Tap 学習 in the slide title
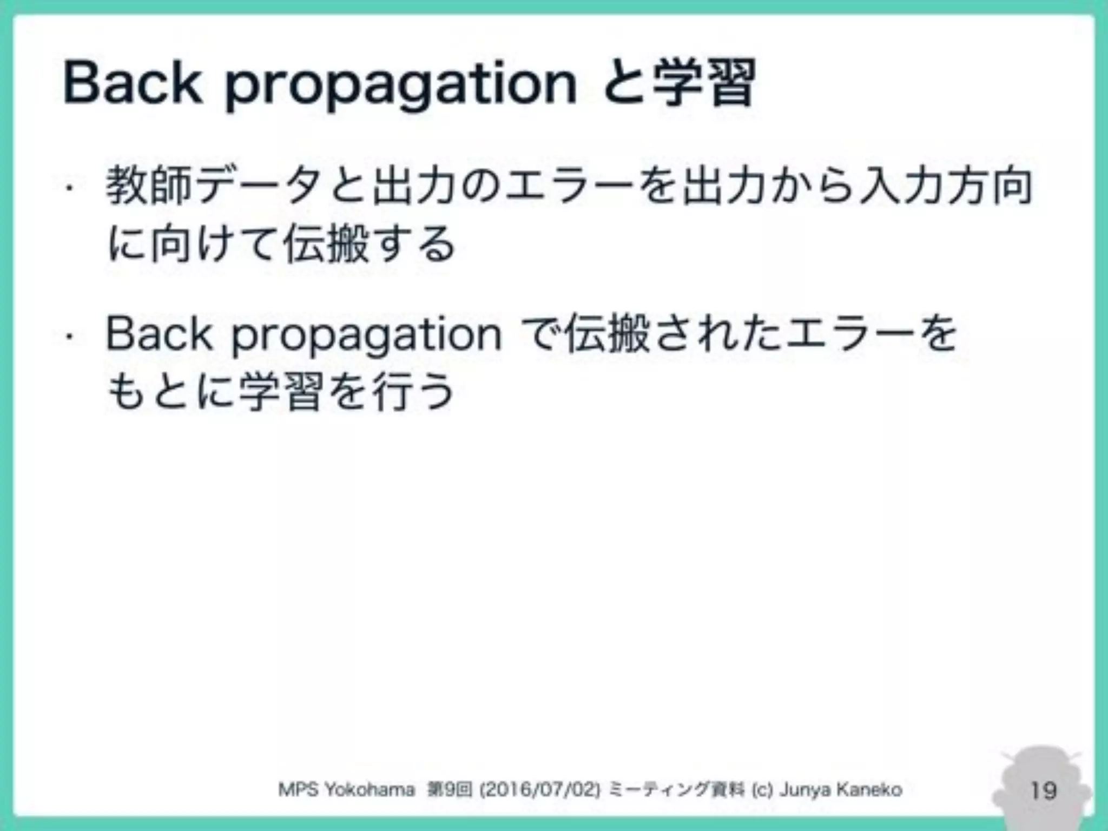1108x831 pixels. [704, 84]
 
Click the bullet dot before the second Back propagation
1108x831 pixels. [69, 337]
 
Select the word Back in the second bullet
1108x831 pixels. [159, 334]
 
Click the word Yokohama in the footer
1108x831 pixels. [370, 790]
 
